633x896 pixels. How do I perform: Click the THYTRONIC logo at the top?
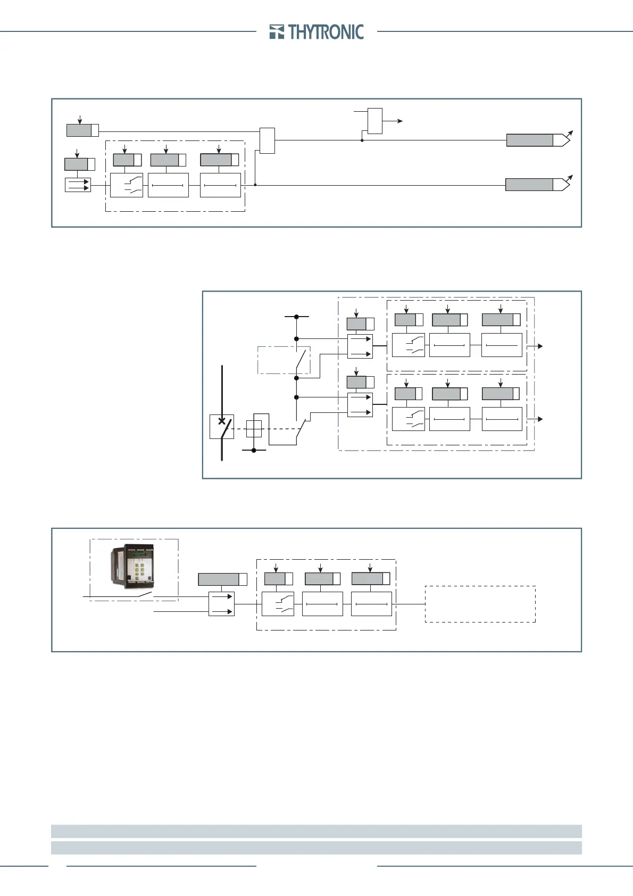317,32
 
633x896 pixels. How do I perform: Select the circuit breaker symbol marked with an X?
222,427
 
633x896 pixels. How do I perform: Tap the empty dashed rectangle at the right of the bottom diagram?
480,604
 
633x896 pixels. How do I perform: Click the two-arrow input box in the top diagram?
78,185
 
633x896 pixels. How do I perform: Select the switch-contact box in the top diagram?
127,185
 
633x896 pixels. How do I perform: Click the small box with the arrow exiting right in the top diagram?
375,121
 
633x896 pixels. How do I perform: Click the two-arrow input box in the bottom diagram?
221,604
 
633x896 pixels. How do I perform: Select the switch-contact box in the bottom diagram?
278,604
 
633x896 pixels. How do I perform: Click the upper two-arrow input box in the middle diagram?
360,346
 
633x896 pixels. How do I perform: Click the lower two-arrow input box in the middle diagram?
360,405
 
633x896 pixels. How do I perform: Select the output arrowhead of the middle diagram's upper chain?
540,346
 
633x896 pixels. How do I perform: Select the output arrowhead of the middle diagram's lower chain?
540,419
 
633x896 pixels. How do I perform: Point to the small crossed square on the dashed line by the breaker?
254,429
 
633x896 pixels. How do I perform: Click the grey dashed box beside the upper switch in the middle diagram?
276,360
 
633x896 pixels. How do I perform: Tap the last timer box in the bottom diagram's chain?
371,604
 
